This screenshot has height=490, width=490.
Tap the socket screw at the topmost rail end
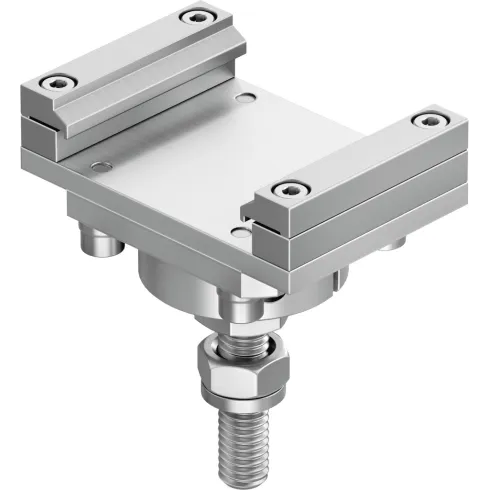(192, 17)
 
